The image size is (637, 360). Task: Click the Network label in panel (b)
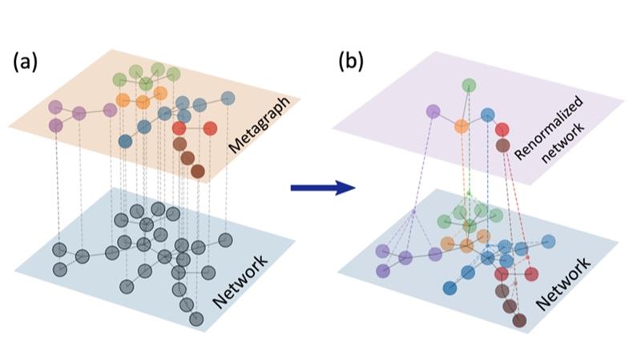pos(566,283)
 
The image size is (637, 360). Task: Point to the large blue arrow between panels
pos(322,188)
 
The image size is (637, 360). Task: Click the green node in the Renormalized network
pos(468,85)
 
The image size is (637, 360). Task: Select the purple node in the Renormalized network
pos(433,112)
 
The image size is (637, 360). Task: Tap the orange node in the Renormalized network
pos(461,126)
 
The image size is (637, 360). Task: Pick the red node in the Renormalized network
pos(502,129)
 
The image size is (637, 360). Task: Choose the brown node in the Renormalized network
pos(503,145)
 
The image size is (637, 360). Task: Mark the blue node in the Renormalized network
pos(487,115)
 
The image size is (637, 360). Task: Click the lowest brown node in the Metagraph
pos(197,171)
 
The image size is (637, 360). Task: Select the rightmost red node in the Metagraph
pos(210,128)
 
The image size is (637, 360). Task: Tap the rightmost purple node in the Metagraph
pos(110,110)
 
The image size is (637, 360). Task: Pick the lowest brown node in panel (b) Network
pos(519,321)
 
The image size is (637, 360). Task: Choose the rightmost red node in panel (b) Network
pos(530,274)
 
